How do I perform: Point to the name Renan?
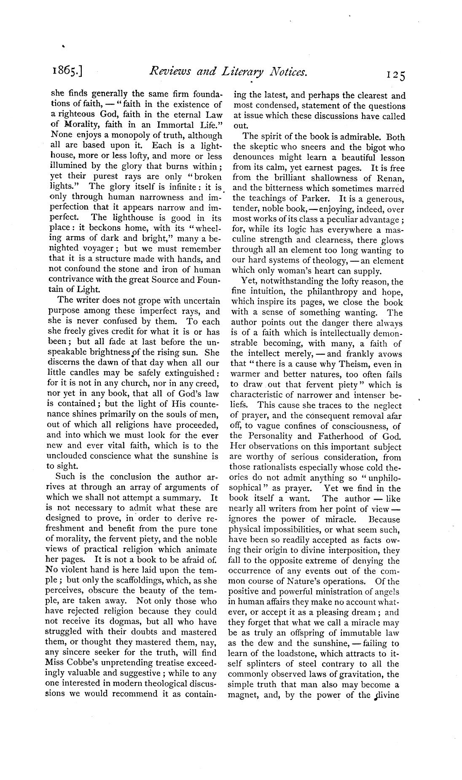[390, 178]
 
